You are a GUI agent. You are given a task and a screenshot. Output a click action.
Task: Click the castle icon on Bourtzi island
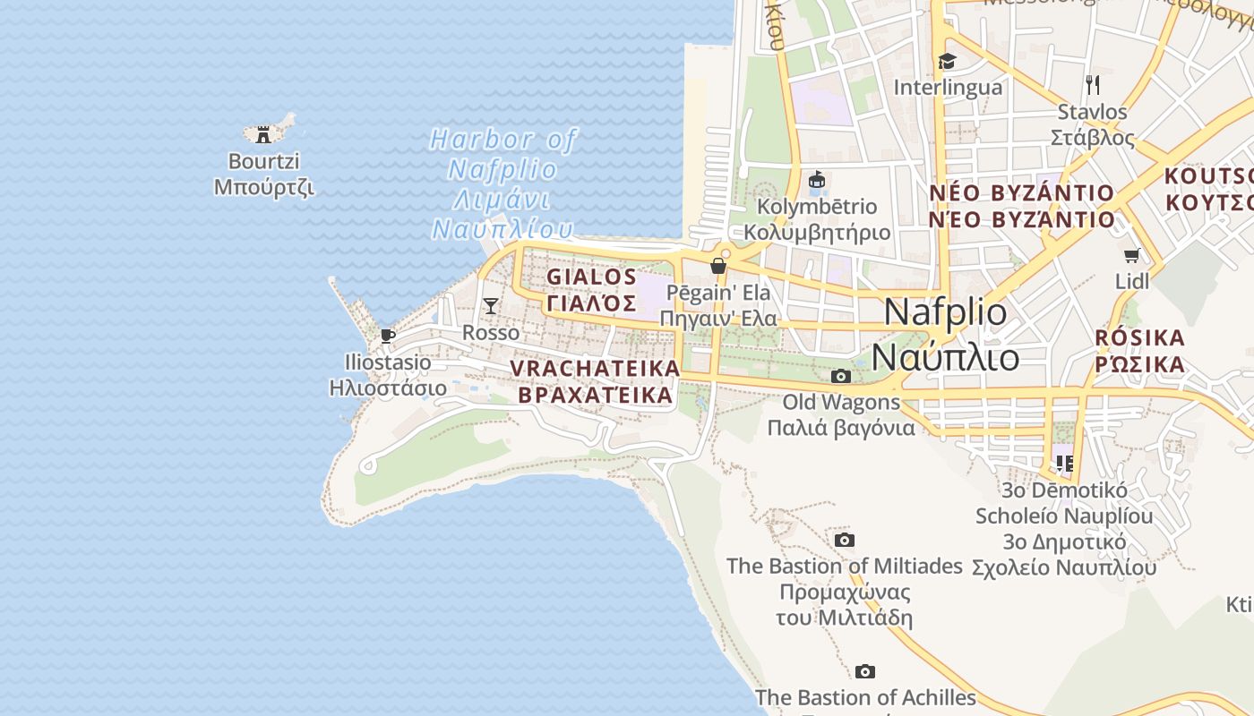pyautogui.click(x=262, y=135)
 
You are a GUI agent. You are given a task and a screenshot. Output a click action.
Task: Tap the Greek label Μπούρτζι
pyautogui.click(x=263, y=188)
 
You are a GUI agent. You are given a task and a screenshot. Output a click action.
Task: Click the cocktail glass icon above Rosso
pyautogui.click(x=490, y=306)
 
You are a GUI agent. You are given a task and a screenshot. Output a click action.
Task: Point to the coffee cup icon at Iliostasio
pyautogui.click(x=387, y=336)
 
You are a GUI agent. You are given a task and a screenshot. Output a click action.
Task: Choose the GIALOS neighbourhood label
pyautogui.click(x=591, y=277)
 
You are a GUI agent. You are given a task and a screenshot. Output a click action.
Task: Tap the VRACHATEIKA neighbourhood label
pyautogui.click(x=595, y=369)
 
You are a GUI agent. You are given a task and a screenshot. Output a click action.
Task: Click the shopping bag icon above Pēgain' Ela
pyautogui.click(x=717, y=265)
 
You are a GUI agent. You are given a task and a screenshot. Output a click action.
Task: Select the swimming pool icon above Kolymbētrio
pyautogui.click(x=816, y=180)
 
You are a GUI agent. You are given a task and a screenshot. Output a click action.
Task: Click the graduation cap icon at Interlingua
pyautogui.click(x=947, y=61)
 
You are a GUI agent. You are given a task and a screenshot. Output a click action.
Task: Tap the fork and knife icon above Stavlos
pyautogui.click(x=1092, y=85)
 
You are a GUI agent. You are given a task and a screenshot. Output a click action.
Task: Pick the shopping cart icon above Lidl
pyautogui.click(x=1132, y=255)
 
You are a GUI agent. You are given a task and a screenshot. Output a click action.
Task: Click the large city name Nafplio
pyautogui.click(x=945, y=311)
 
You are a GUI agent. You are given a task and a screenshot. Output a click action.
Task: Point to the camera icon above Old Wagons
pyautogui.click(x=840, y=376)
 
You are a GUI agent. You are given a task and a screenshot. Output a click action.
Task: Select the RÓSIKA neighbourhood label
pyautogui.click(x=1139, y=338)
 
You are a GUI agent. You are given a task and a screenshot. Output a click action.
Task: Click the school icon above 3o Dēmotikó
pyautogui.click(x=1064, y=463)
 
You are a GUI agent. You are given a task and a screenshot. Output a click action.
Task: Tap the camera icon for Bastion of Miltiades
pyautogui.click(x=844, y=540)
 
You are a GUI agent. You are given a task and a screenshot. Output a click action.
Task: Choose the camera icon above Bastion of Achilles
pyautogui.click(x=864, y=671)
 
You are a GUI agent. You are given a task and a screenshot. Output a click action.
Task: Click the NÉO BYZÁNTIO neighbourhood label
pyautogui.click(x=1021, y=193)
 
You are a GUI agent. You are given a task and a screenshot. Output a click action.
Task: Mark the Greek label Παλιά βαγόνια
pyautogui.click(x=841, y=428)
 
